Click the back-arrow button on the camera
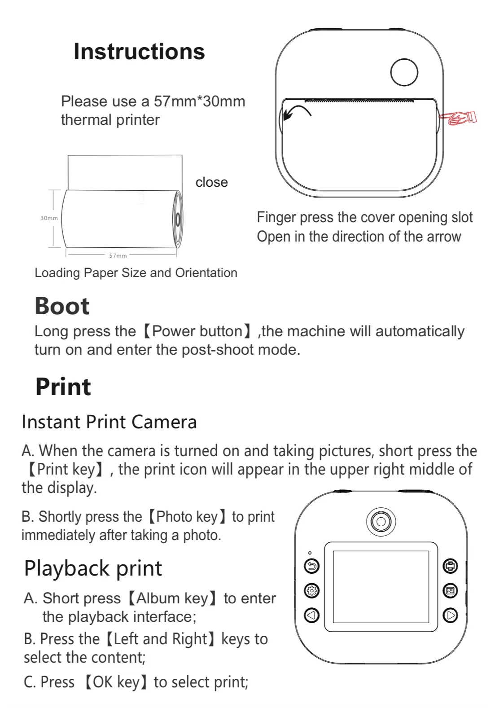pos(311,566)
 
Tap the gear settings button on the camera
pos(311,590)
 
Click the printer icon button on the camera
pos(450,566)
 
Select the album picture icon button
pos(450,590)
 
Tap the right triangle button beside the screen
pos(450,615)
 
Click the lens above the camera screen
pos(381,521)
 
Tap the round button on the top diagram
pos(404,72)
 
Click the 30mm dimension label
pos(49,218)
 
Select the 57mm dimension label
pos(118,256)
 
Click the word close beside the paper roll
pos(211,182)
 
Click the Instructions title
pos(139,52)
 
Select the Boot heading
pos(62,306)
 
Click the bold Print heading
pos(63,387)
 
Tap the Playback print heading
pos(93,568)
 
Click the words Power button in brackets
pos(197,331)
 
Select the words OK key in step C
pos(116,682)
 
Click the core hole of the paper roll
pos(178,220)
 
